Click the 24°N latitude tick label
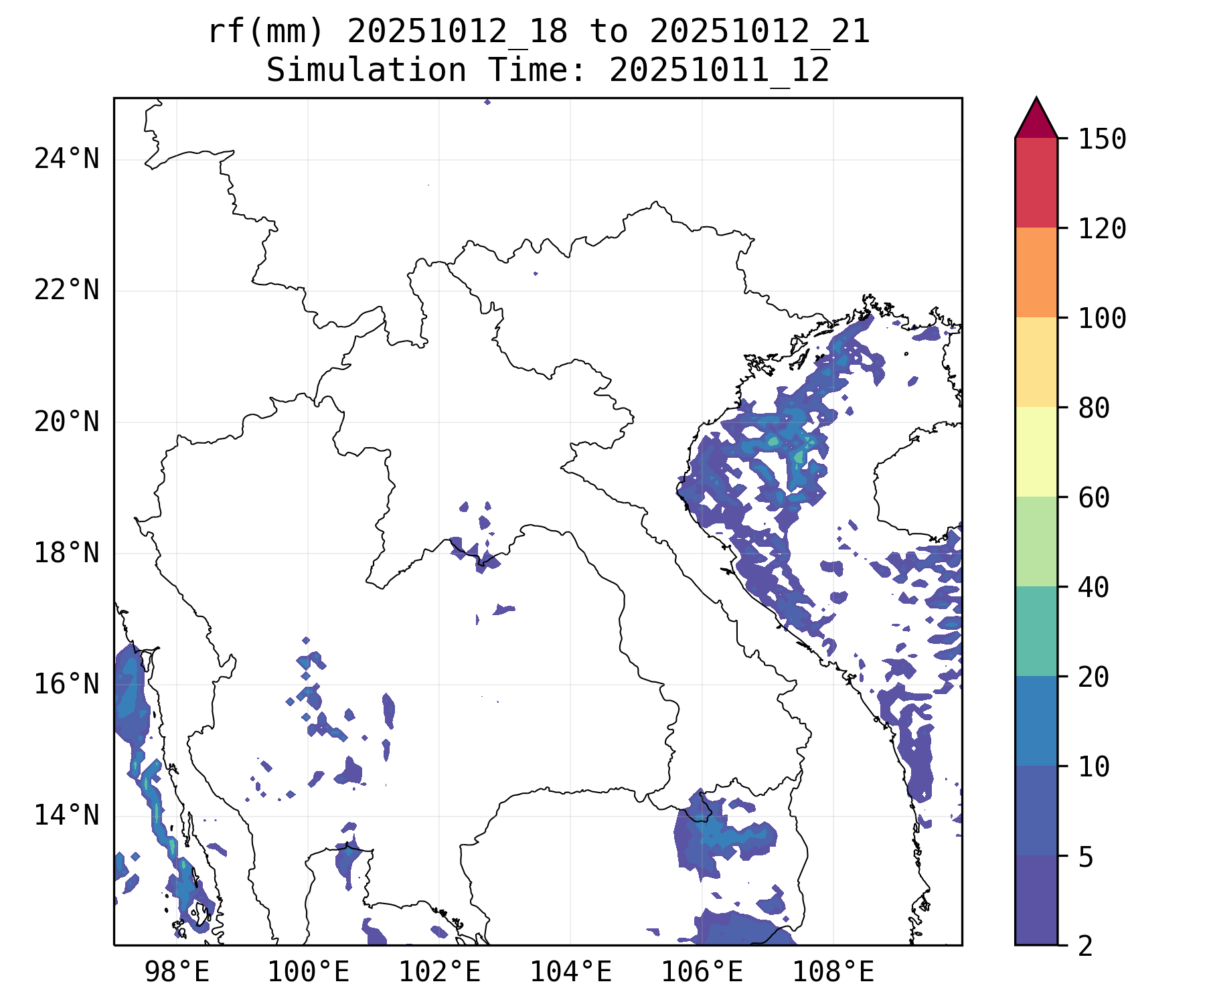click(x=66, y=159)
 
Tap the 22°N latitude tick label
click(x=66, y=290)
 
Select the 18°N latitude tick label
click(x=66, y=554)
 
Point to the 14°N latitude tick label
click(x=66, y=816)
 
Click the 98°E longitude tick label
click(x=177, y=973)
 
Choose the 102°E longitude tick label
click(x=439, y=973)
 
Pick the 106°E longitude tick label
click(x=702, y=973)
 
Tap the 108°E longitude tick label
click(x=833, y=973)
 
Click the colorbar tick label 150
click(x=1102, y=139)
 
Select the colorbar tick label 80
click(x=1094, y=408)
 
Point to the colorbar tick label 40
click(x=1094, y=587)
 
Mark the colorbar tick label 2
click(x=1086, y=946)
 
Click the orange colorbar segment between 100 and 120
click(x=1036, y=272)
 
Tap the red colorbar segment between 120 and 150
click(x=1036, y=183)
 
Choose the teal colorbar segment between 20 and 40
click(x=1036, y=631)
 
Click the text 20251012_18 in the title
click(x=457, y=31)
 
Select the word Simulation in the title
click(x=366, y=70)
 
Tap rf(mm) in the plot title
click(x=266, y=31)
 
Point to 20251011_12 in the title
click(x=719, y=70)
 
